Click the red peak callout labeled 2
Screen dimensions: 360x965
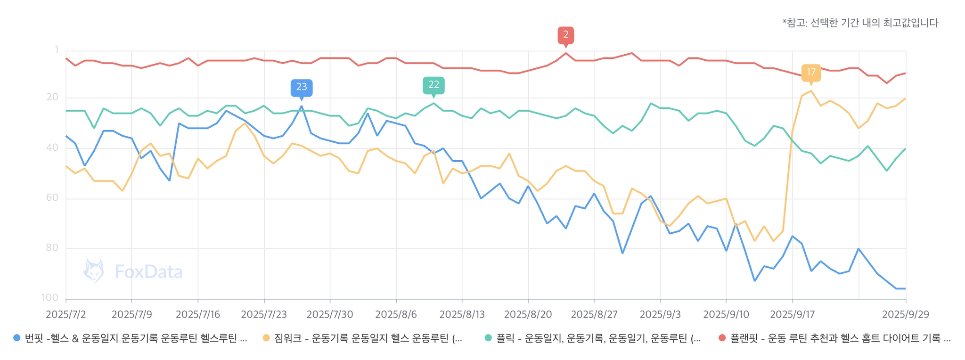point(566,35)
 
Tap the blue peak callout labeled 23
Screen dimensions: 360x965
point(302,87)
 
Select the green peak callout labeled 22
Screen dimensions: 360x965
point(433,85)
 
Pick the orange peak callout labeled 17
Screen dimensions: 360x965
point(811,73)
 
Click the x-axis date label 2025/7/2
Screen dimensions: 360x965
point(65,314)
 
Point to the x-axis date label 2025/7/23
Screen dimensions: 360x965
point(264,314)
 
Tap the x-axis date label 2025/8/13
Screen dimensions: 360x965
point(462,314)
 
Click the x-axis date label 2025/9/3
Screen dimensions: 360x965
point(660,314)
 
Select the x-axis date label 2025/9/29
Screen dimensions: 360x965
point(906,314)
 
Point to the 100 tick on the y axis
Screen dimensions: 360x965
point(50,298)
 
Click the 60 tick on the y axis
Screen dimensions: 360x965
point(52,198)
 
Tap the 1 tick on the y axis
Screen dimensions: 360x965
point(57,49)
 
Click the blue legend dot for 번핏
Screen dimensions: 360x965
point(17,338)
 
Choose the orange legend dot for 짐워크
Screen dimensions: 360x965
point(266,338)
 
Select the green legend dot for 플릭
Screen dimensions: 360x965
point(488,338)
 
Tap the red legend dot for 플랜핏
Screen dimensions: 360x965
point(722,338)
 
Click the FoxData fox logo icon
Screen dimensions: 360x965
point(93,271)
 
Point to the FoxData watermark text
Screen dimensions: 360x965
point(148,272)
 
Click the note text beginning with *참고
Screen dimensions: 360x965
point(860,23)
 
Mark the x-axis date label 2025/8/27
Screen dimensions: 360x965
point(594,314)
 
